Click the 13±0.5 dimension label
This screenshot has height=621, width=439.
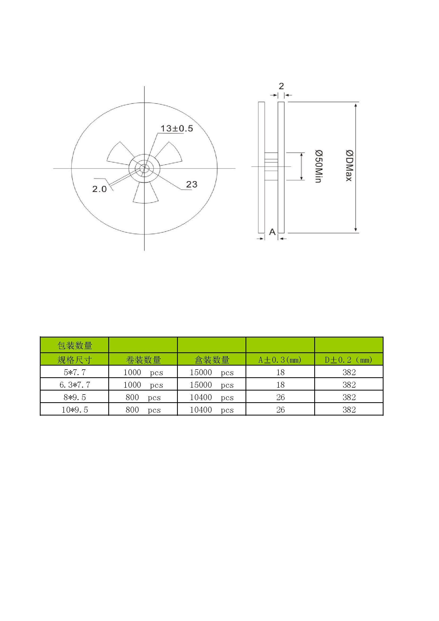[x=177, y=129]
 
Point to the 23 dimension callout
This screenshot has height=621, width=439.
[x=192, y=185]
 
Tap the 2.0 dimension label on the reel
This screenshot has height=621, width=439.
[x=100, y=189]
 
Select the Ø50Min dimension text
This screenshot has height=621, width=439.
[x=319, y=166]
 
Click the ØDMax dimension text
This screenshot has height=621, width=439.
[x=349, y=165]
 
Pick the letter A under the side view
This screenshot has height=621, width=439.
[x=272, y=232]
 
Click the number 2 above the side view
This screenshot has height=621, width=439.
[x=281, y=86]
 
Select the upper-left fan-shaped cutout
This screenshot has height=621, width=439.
[x=119, y=154]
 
